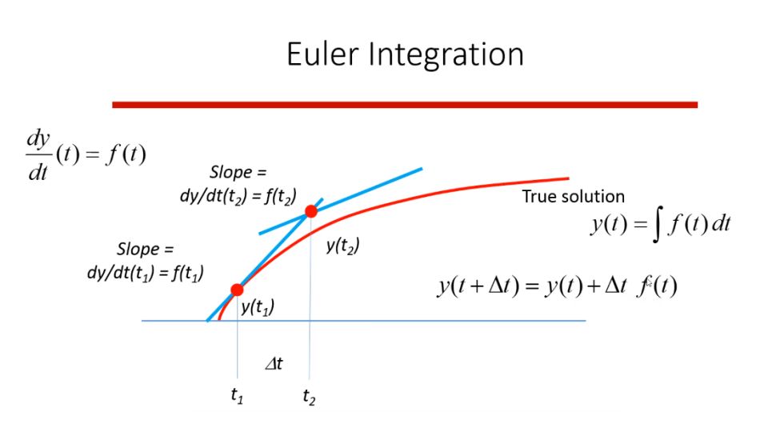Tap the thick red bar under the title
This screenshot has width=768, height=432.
click(405, 104)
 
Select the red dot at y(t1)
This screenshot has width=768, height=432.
click(237, 290)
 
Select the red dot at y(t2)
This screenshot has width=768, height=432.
click(310, 211)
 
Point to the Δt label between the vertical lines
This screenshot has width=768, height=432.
click(274, 364)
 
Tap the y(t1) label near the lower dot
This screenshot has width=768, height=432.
click(257, 306)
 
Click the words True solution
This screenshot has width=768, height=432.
click(574, 196)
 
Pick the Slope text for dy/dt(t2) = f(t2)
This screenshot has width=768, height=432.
click(237, 172)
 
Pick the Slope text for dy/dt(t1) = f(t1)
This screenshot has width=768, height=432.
click(145, 249)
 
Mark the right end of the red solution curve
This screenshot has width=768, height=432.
click(566, 178)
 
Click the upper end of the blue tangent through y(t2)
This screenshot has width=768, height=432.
click(421, 168)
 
